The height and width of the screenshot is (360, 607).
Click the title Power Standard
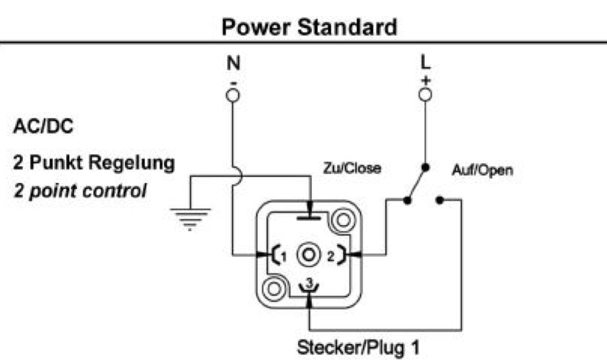310,27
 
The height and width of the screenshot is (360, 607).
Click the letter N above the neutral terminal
233,63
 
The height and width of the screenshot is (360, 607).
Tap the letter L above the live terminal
426,63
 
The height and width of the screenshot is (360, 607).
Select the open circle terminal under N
233,95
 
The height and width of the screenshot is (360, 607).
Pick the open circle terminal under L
425,95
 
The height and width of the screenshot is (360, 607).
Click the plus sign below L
426,81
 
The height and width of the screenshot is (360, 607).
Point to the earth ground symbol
191,220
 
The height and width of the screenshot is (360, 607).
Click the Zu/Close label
352,169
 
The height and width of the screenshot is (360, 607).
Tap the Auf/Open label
483,170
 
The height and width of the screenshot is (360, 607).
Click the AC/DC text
43,127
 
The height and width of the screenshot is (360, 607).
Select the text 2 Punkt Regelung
94,162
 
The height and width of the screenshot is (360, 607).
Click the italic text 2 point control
80,191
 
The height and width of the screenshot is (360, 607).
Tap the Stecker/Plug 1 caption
358,347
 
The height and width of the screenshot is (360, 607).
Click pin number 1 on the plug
284,257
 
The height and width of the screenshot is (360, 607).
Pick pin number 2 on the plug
330,256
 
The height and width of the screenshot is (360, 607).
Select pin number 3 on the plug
310,283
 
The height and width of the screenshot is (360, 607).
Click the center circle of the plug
309,255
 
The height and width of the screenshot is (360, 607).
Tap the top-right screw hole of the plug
343,220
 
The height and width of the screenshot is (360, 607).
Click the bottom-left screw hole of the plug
274,289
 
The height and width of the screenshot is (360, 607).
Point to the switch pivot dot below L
425,168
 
